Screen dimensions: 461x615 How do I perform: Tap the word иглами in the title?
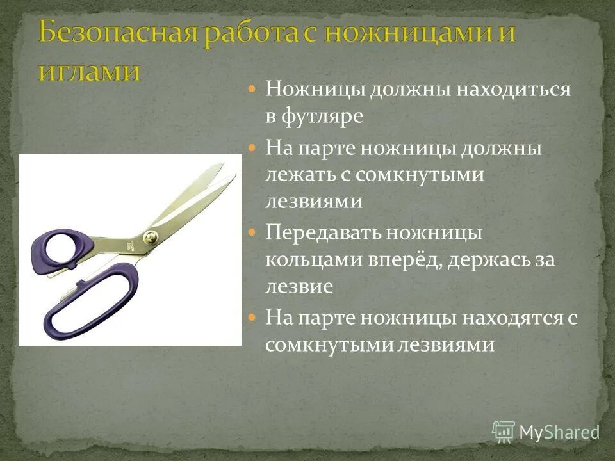(x=89, y=69)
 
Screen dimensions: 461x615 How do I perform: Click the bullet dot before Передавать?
(x=252, y=232)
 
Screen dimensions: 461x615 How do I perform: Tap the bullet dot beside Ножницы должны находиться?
(x=252, y=89)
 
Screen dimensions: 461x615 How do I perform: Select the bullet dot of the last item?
(x=252, y=316)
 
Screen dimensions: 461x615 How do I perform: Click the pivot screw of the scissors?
(x=151, y=235)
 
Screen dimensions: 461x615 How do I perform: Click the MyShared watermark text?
(x=559, y=433)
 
